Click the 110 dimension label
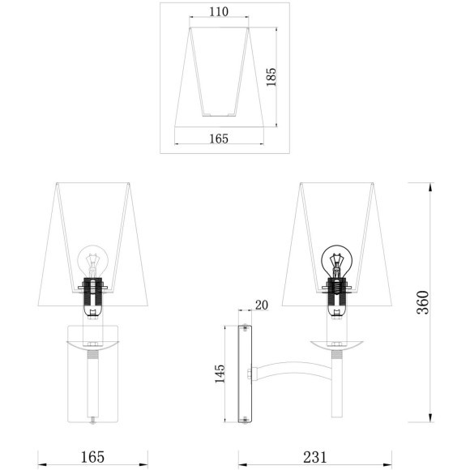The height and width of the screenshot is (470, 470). coord(218,12)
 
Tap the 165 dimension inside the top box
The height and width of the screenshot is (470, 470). coord(218,139)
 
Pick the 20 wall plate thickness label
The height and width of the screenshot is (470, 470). coord(261,305)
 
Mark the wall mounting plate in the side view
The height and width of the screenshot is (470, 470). coord(244,374)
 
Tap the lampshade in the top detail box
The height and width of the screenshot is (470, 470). coord(218,73)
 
